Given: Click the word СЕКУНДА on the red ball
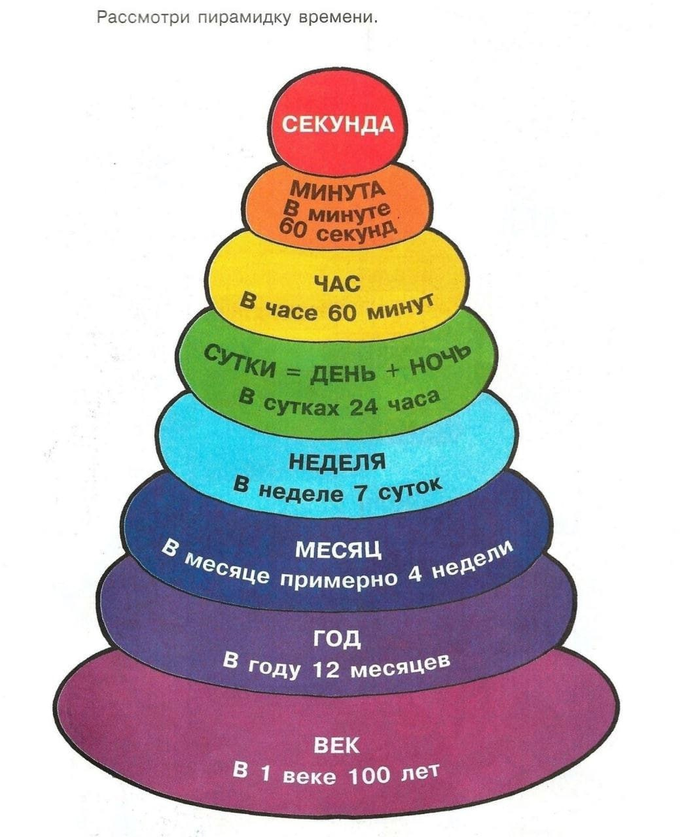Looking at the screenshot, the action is point(338,126).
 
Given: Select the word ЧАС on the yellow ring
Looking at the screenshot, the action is point(337,283).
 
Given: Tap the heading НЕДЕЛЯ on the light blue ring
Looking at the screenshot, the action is point(338,461).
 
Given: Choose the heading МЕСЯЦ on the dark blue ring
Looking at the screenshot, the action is point(339,550).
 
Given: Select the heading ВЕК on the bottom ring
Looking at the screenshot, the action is point(338,746).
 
